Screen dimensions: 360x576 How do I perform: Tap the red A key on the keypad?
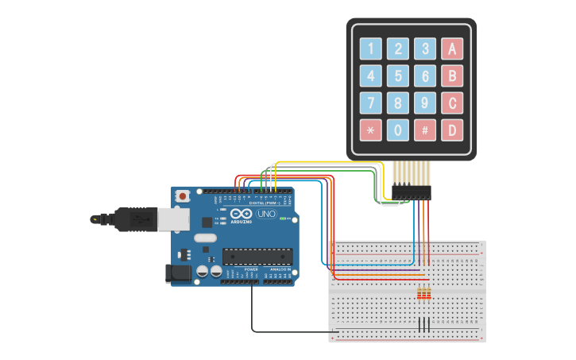[x=452, y=49]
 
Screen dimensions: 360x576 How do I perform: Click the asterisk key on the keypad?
[x=371, y=130]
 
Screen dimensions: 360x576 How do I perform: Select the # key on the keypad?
[x=425, y=130]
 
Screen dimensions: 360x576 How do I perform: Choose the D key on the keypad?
[x=452, y=130]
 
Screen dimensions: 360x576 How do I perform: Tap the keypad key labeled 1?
[x=371, y=49]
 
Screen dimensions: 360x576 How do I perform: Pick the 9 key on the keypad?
[x=425, y=103]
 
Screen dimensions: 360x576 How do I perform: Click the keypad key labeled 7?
[x=371, y=103]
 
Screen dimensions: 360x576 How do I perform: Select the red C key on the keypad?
[x=452, y=103]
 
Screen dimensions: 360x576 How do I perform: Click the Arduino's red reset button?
[x=183, y=195]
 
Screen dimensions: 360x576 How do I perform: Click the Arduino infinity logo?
[x=241, y=214]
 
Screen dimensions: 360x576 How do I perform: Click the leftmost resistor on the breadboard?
[x=419, y=295]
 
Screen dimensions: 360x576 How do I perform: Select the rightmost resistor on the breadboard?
[x=429, y=295]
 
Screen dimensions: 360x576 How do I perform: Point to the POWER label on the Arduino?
[x=251, y=269]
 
